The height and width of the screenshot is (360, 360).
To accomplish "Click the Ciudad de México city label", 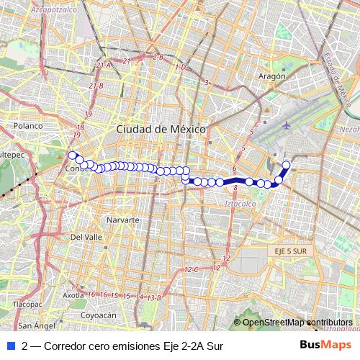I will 161,128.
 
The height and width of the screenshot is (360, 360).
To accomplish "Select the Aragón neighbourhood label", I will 272,76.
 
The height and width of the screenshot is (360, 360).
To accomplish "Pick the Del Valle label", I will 86,236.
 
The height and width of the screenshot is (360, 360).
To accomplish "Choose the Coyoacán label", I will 99,315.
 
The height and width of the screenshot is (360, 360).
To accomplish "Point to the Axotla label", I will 73,295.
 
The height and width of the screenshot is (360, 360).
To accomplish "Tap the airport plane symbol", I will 287,125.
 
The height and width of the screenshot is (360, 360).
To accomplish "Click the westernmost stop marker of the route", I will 71,154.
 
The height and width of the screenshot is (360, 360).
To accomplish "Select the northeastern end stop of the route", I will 286,165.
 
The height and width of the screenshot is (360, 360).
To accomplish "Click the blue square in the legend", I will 10,346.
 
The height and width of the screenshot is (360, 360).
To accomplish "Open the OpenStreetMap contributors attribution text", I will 297,323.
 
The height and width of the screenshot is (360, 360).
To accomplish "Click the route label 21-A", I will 104,65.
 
